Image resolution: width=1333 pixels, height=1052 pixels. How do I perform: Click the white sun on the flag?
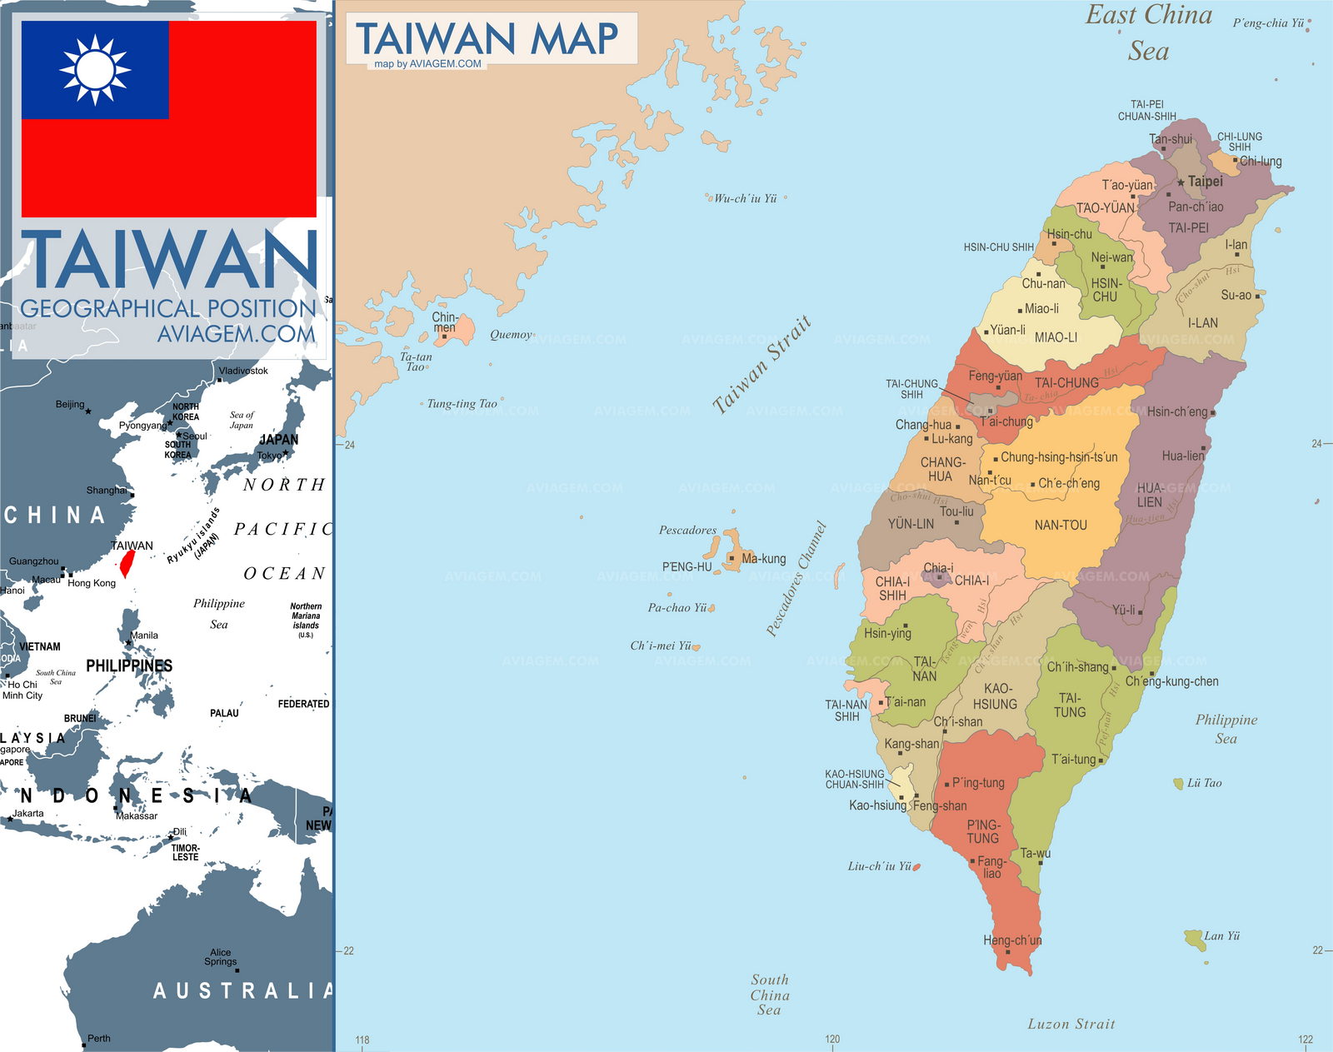[x=95, y=69]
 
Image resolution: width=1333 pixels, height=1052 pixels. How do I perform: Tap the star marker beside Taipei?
[x=1181, y=182]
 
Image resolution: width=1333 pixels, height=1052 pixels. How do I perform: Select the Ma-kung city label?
[x=763, y=559]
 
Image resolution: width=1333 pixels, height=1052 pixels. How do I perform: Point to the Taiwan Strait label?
[x=761, y=365]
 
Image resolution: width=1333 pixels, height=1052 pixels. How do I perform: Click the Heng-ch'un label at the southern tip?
[x=1012, y=940]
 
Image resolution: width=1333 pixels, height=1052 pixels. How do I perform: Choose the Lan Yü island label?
[x=1221, y=936]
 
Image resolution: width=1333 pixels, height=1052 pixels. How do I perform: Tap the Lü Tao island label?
[x=1204, y=783]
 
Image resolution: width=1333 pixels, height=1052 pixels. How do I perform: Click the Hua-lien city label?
[x=1183, y=456]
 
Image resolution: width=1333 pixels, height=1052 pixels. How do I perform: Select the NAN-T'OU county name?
[x=1061, y=525]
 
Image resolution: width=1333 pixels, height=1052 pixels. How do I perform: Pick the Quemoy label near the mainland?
[x=511, y=335]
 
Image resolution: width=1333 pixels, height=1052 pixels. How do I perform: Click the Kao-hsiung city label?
[x=877, y=805]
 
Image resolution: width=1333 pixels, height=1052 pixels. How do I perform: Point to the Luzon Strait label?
[x=1071, y=1024]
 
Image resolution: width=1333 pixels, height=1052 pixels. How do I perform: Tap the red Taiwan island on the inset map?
[x=127, y=563]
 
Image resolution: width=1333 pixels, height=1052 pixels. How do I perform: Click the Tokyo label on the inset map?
[x=269, y=456]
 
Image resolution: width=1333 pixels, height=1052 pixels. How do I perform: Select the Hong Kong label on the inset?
[x=92, y=583]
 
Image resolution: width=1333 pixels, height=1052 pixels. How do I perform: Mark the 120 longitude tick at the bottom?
[x=832, y=1039]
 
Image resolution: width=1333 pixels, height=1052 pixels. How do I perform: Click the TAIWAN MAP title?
[x=487, y=38]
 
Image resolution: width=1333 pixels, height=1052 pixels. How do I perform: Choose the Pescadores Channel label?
[x=796, y=579]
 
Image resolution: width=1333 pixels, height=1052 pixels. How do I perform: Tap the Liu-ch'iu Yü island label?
[x=879, y=866]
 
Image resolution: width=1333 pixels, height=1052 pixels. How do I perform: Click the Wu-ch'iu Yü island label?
[x=745, y=199]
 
